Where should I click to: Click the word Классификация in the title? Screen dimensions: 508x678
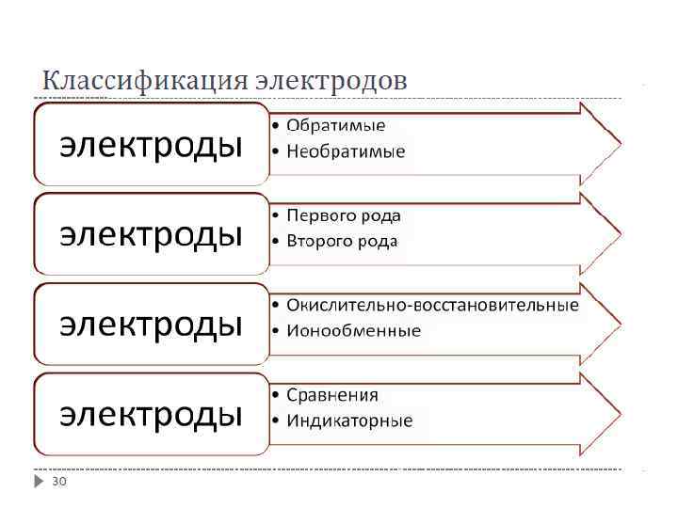[146, 81]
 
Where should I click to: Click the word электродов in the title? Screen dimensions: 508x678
[331, 81]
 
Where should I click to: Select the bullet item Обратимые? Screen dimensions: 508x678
[335, 125]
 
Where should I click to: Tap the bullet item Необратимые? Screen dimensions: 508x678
[346, 151]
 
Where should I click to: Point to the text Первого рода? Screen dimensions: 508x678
[343, 215]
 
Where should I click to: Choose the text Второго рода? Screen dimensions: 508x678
[342, 241]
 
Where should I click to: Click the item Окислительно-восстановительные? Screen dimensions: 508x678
[432, 305]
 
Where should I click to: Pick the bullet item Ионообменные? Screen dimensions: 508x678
[353, 330]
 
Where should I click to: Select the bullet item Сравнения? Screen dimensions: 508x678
[331, 395]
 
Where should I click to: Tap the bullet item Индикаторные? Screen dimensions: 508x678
[348, 421]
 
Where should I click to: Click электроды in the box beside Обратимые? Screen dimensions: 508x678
[151, 145]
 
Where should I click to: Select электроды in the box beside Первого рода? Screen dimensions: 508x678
[151, 234]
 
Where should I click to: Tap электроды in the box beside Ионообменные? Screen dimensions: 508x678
[151, 324]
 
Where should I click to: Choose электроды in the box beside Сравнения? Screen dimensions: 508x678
[151, 414]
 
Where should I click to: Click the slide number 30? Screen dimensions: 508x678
[59, 482]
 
